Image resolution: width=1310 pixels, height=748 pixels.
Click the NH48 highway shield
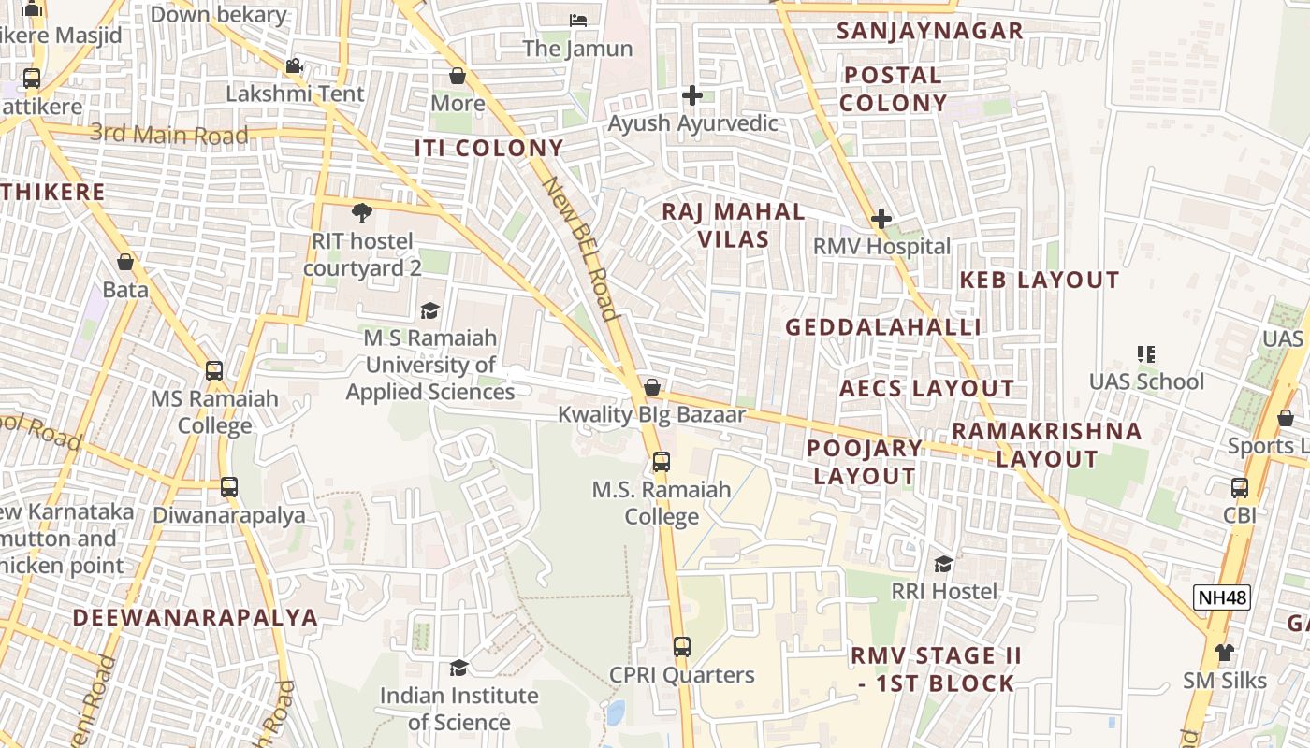click(1222, 597)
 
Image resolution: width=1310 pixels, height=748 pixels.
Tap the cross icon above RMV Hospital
click(881, 220)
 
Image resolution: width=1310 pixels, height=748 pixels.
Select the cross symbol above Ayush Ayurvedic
click(691, 95)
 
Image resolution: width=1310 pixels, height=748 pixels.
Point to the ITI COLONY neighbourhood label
click(489, 148)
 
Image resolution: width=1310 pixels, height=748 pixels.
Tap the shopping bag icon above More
click(458, 76)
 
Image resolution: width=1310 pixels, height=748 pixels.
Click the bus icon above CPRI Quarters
click(682, 647)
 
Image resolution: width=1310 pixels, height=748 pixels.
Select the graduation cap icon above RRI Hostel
click(943, 564)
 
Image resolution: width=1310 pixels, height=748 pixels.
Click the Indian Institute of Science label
click(458, 709)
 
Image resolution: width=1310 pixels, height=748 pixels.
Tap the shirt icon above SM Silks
click(1224, 653)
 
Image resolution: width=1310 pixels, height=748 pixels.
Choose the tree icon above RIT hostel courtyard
click(362, 213)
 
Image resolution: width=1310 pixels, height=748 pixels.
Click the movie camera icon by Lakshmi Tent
click(294, 66)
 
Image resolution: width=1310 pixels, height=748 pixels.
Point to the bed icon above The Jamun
click(578, 21)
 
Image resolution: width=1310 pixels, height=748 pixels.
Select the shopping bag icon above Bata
click(125, 263)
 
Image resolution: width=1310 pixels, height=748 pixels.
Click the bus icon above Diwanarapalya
click(229, 487)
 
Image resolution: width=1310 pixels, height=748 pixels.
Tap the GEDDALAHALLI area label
click(882, 327)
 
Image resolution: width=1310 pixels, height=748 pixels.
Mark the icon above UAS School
click(1146, 354)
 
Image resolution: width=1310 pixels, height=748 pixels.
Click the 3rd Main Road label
click(169, 135)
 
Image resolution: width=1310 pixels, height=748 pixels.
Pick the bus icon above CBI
click(1240, 488)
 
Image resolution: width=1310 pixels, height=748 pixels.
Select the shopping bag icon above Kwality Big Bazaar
click(652, 387)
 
